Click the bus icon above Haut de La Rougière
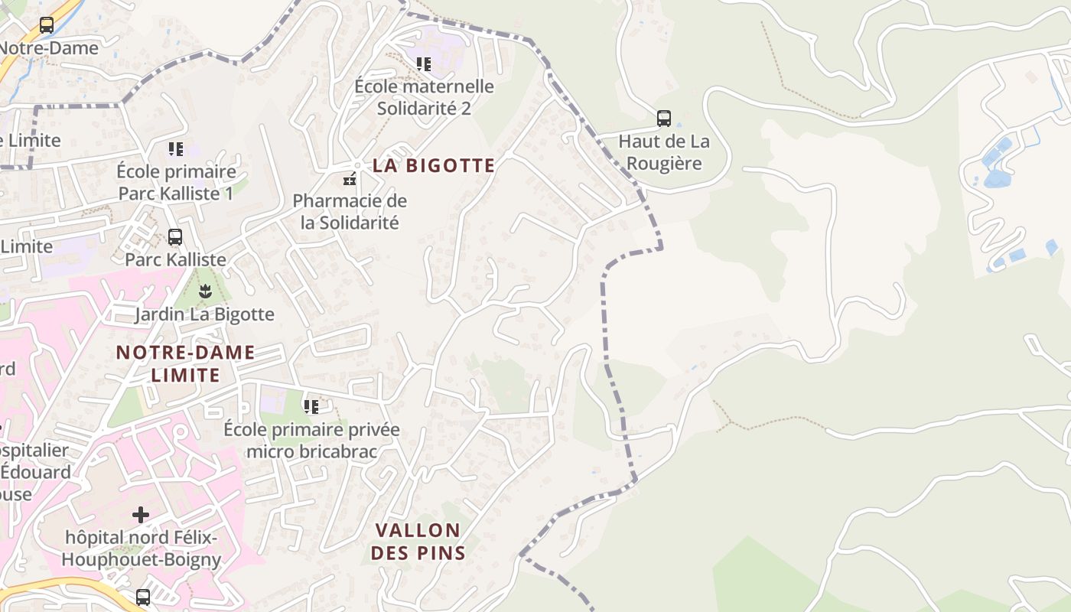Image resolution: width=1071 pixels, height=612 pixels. click(663, 119)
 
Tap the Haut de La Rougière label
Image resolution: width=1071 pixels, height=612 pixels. click(663, 152)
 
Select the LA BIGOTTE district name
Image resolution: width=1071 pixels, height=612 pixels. click(434, 165)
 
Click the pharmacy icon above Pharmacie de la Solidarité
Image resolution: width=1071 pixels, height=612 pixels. click(350, 181)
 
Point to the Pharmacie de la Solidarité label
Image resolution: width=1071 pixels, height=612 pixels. click(350, 212)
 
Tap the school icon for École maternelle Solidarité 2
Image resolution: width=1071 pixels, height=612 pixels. click(423, 64)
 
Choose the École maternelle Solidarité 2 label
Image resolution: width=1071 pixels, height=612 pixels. click(424, 97)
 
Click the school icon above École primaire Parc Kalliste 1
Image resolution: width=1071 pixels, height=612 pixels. click(176, 148)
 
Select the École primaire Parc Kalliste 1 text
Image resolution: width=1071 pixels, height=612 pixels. click(176, 182)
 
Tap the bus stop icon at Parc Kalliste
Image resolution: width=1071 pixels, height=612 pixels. click(175, 237)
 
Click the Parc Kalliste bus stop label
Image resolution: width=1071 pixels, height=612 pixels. click(175, 259)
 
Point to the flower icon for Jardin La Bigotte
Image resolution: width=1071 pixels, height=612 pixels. click(204, 291)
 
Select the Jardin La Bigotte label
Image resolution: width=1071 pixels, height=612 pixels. click(204, 314)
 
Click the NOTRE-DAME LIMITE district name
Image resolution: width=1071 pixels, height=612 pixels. click(185, 363)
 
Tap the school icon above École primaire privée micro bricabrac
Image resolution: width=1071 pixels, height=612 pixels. click(311, 406)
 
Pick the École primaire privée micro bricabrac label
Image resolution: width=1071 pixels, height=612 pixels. click(311, 440)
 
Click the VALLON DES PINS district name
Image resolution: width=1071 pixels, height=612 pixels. click(418, 541)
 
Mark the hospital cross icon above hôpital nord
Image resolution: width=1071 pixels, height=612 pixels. click(141, 514)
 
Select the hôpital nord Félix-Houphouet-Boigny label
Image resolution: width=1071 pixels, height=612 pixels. click(141, 549)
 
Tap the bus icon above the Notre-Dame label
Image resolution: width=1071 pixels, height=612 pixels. click(47, 25)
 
